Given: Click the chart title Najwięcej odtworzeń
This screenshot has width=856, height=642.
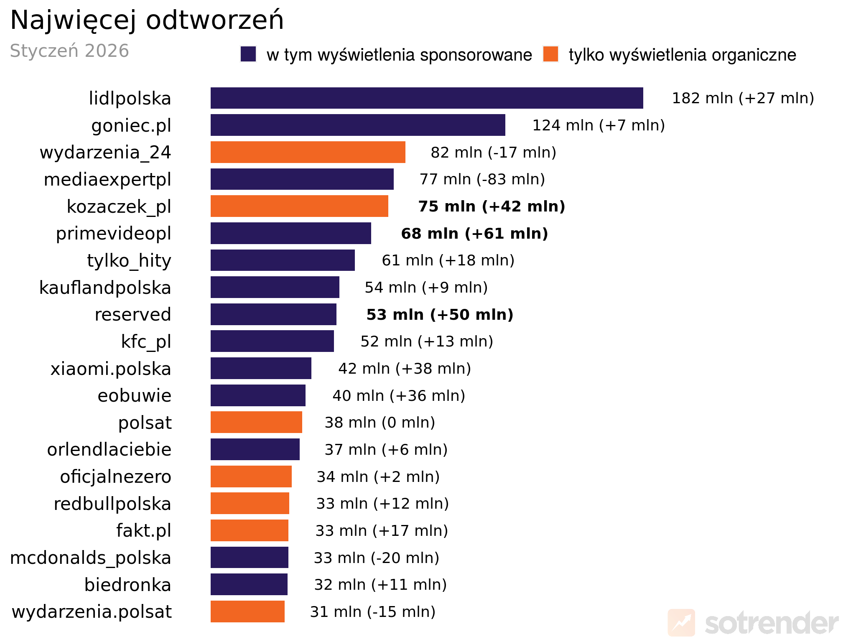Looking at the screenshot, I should pyautogui.click(x=147, y=20).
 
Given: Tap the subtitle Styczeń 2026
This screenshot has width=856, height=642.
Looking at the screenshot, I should pyautogui.click(x=69, y=51).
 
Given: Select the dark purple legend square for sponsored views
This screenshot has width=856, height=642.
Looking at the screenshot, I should pyautogui.click(x=248, y=54).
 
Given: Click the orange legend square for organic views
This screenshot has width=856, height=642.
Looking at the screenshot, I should pyautogui.click(x=550, y=54).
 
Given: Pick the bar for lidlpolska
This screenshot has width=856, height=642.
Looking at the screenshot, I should pyautogui.click(x=426, y=98).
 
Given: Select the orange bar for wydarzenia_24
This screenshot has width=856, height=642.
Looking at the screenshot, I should pyautogui.click(x=308, y=152).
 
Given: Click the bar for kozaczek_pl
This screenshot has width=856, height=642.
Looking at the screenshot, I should pyautogui.click(x=299, y=206).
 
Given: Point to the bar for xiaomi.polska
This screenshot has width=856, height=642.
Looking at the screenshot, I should pyautogui.click(x=261, y=368).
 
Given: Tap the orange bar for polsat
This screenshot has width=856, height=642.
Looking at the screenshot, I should pyautogui.click(x=256, y=422).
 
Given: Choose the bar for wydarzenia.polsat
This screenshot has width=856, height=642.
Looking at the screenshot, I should pyautogui.click(x=247, y=611).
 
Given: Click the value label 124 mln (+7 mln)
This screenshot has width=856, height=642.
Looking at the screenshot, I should pyautogui.click(x=598, y=125).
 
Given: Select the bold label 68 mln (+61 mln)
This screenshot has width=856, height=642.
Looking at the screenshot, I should pyautogui.click(x=474, y=234).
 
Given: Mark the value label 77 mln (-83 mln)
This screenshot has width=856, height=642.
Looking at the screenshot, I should pyautogui.click(x=482, y=179).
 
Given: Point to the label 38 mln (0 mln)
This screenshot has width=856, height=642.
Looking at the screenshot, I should pyautogui.click(x=380, y=423).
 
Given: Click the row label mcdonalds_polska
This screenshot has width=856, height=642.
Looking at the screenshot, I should pyautogui.click(x=90, y=558).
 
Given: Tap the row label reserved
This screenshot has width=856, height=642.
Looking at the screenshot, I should pyautogui.click(x=133, y=315).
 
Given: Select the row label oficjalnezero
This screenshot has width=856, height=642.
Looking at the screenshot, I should pyautogui.click(x=115, y=477).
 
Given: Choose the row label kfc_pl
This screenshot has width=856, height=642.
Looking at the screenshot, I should pyautogui.click(x=146, y=342).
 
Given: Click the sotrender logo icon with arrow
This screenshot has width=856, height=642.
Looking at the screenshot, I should pyautogui.click(x=681, y=623).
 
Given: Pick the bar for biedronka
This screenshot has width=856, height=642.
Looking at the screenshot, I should pyautogui.click(x=249, y=584).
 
